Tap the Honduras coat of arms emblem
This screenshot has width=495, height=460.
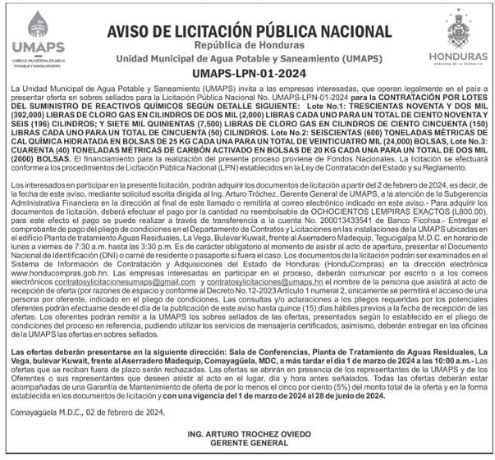pos(456,25)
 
